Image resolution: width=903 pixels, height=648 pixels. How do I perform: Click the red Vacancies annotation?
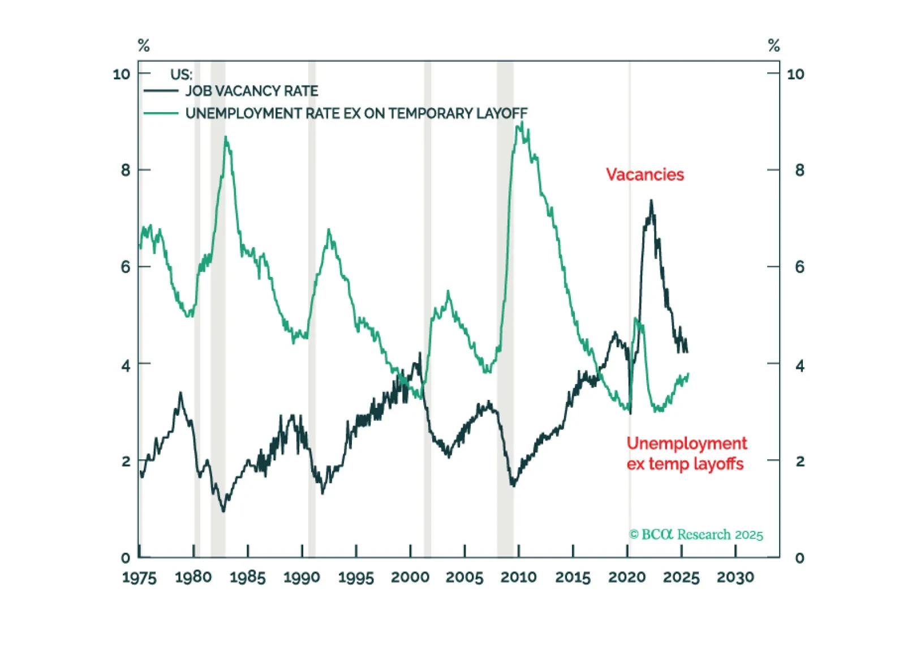tap(644, 174)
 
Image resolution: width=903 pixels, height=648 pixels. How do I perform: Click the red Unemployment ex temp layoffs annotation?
tap(686, 453)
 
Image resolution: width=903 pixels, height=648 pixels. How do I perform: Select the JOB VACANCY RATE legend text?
tap(251, 91)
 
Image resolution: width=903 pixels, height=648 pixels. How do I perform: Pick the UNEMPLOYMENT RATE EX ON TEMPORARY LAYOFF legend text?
tap(356, 114)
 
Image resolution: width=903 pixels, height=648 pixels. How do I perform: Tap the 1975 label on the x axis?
tap(139, 578)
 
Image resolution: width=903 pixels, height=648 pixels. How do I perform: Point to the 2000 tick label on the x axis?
tap(410, 578)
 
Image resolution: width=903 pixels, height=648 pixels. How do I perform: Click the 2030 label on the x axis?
tap(735, 578)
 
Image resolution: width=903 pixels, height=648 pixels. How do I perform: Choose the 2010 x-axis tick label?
tap(518, 578)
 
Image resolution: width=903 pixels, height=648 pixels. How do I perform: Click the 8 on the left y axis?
tap(126, 170)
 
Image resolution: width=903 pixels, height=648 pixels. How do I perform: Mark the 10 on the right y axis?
tap(795, 74)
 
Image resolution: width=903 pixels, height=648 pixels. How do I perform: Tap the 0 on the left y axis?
tap(126, 558)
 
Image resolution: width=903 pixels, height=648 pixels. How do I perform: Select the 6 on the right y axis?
tap(799, 267)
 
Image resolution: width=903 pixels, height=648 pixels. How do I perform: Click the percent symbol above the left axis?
tap(144, 45)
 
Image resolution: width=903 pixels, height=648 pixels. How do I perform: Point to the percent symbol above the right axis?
tap(774, 45)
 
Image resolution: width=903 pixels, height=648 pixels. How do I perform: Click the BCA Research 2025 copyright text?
tap(696, 535)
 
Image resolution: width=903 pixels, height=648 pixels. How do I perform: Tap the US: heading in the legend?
tap(181, 75)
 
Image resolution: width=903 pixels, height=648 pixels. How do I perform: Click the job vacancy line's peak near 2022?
tap(651, 201)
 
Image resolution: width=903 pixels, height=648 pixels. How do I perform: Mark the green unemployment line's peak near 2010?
tap(522, 122)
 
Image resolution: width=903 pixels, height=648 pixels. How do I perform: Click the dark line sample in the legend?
tap(161, 91)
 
